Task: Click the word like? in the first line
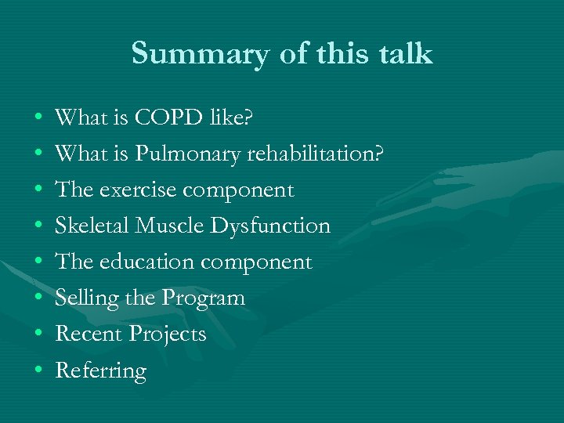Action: (231, 118)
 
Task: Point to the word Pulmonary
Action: (188, 154)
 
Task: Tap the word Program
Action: (203, 298)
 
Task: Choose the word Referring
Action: (100, 371)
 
